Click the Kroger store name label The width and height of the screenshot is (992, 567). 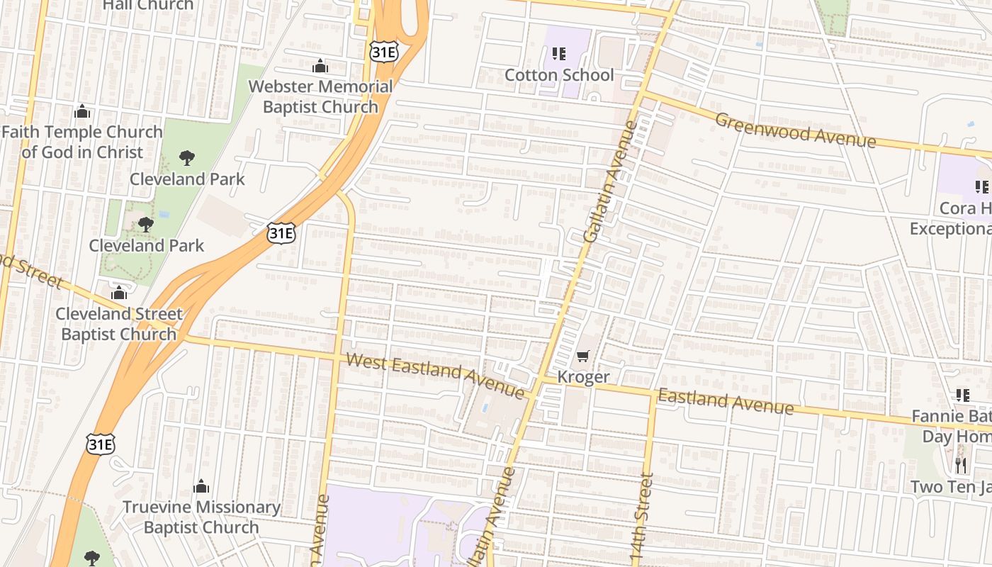(x=583, y=376)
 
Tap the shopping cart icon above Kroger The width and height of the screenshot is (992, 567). (x=583, y=357)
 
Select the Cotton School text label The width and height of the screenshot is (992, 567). (x=559, y=74)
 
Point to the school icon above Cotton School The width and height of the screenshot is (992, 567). (x=559, y=54)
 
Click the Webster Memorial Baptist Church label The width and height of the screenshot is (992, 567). (x=320, y=96)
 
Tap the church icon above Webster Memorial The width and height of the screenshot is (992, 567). (x=320, y=66)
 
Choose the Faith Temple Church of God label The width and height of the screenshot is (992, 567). (x=82, y=142)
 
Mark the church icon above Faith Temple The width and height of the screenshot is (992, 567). (x=82, y=111)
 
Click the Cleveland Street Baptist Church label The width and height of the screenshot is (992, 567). (x=119, y=323)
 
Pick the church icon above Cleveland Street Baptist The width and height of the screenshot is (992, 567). (x=119, y=292)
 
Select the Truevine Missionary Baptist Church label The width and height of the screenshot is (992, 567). (x=201, y=517)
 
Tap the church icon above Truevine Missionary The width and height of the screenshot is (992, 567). (x=201, y=486)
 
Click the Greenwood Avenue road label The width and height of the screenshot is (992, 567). (x=795, y=130)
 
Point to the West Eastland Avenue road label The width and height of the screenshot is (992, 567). (x=435, y=376)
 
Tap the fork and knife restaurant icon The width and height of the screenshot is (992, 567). (x=961, y=466)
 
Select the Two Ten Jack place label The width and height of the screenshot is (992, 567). (x=950, y=487)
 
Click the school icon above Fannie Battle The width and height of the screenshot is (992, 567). (x=962, y=395)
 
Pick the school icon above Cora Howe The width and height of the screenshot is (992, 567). (x=981, y=187)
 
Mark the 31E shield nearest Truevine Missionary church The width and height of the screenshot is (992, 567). (x=100, y=444)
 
